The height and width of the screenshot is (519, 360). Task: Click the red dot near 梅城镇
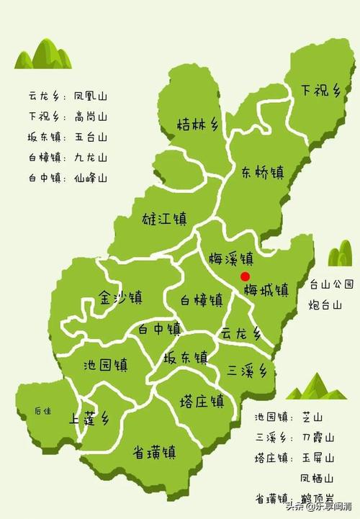tap(245, 276)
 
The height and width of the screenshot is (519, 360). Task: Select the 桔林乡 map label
tap(197, 125)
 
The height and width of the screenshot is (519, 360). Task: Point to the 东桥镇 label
tap(262, 172)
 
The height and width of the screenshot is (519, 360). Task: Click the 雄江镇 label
tap(165, 217)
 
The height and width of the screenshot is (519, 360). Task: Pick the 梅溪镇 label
tap(230, 258)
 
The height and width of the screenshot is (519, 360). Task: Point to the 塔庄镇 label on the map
tap(202, 401)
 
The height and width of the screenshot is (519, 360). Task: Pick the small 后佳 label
tap(42, 411)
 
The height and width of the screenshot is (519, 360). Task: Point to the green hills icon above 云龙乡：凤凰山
tap(43, 53)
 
